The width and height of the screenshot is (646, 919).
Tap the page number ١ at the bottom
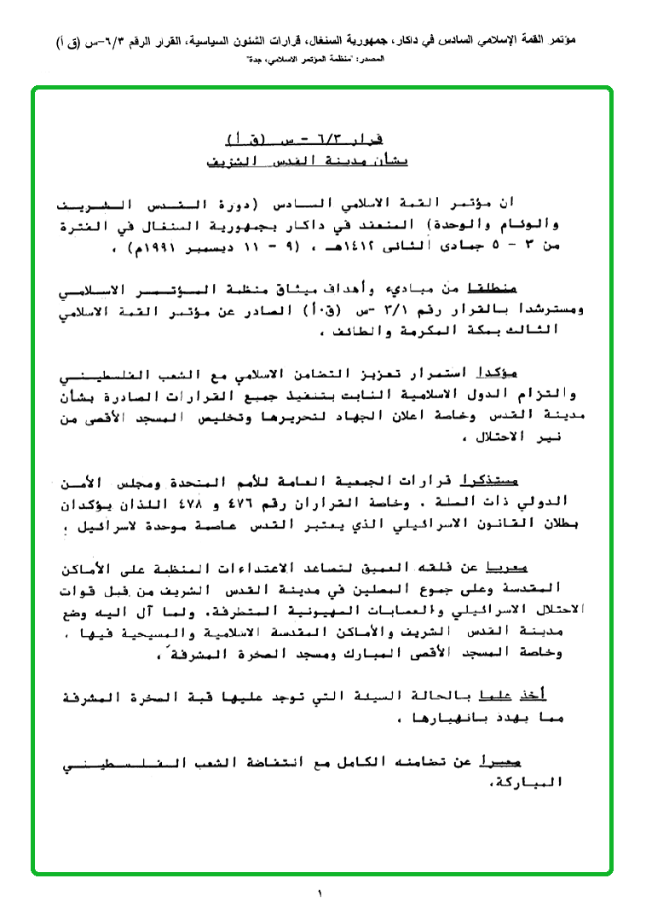point(320,894)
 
